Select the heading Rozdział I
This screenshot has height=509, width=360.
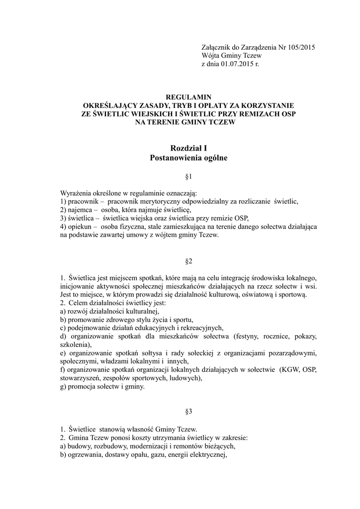click(188, 148)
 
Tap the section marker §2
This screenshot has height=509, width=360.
click(188, 260)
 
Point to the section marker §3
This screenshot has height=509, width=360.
click(188, 412)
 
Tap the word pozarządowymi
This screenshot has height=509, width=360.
click(290, 353)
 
